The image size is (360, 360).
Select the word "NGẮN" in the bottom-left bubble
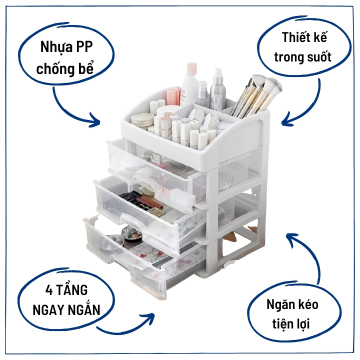coord(83,310)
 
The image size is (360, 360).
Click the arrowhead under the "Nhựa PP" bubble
coord(95,120)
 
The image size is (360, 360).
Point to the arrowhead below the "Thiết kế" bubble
coord(285,120)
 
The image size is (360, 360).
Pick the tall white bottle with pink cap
coord(190,82)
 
